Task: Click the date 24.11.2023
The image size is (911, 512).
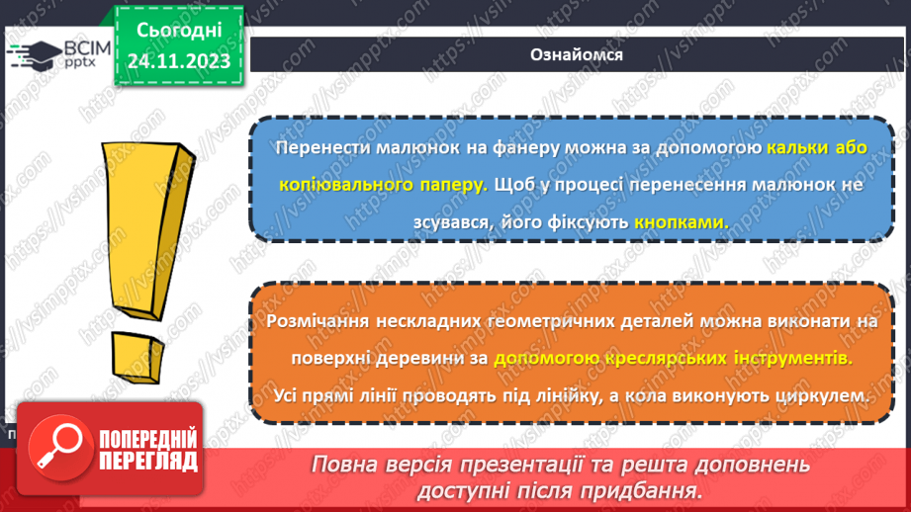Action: coord(178,61)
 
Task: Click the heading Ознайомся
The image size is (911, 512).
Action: coord(579,54)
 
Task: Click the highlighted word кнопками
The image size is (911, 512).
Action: coord(681,222)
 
